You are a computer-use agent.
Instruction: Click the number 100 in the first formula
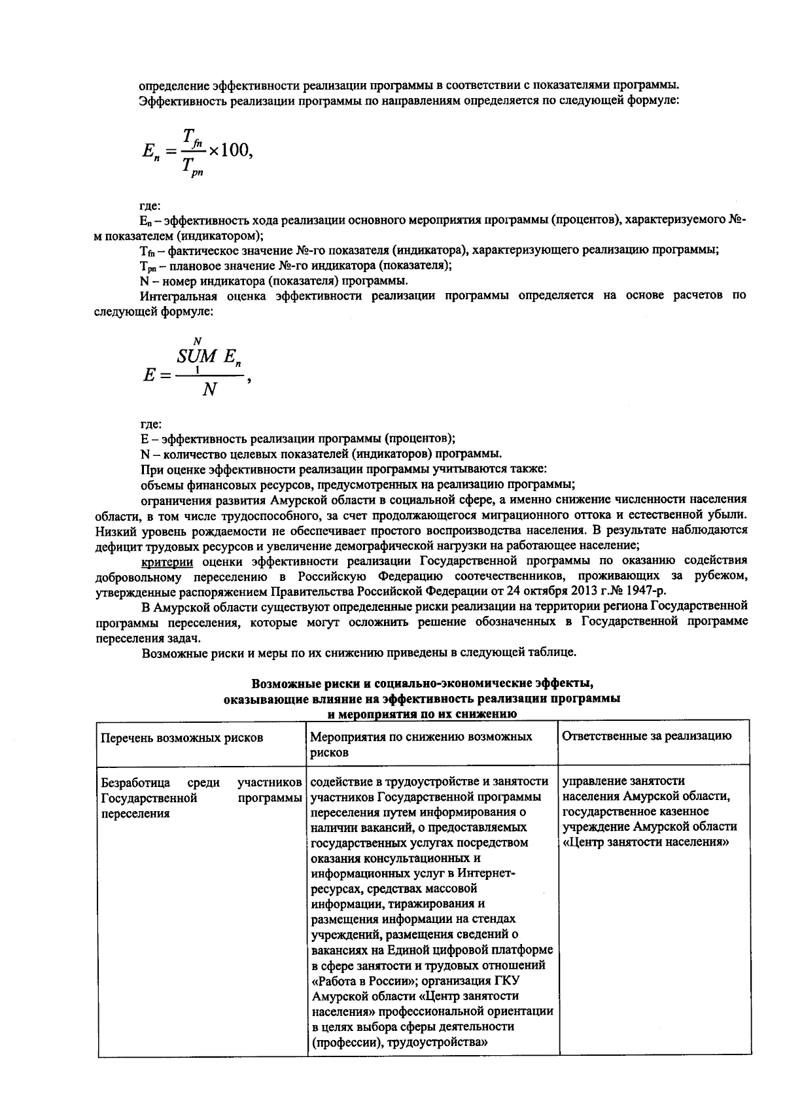[234, 150]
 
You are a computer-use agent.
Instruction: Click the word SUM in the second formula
[196, 357]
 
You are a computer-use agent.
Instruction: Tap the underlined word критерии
[167, 561]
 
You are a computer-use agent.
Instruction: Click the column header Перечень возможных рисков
[181, 737]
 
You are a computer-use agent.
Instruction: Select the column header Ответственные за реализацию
[646, 735]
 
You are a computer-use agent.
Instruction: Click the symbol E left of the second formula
[148, 376]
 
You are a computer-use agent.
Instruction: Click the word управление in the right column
[589, 781]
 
